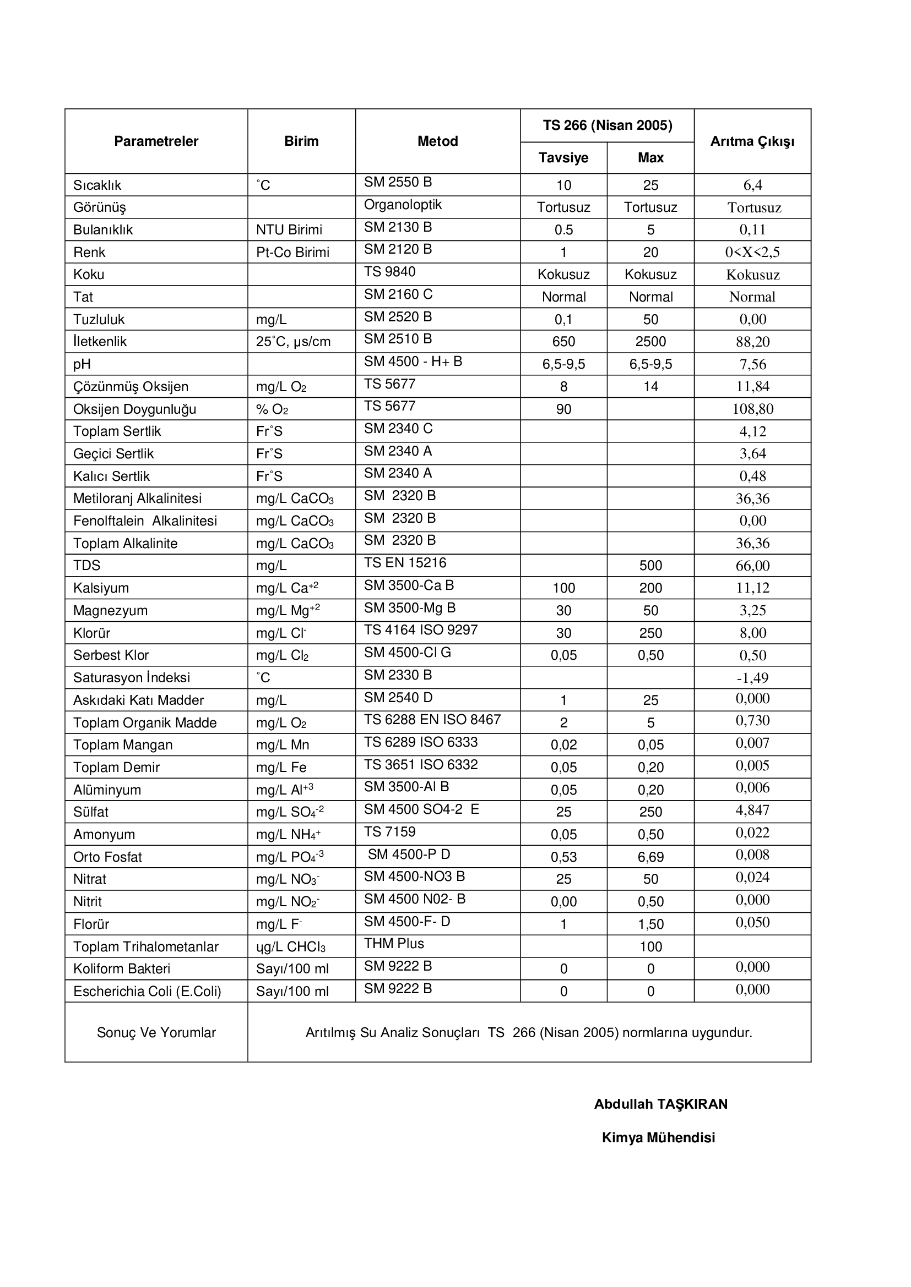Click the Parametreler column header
pos(156,141)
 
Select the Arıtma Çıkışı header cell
pos(752,141)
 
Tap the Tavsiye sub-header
pos(563,157)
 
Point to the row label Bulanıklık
pos(103,230)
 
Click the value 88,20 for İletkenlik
pos(752,341)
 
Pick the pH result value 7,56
pos(752,364)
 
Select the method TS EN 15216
pos(405,563)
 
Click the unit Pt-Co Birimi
pos(293,252)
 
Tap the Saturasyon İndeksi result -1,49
pos(752,678)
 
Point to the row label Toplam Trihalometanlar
pos(146,947)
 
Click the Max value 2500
pos(650,341)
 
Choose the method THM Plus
pos(394,944)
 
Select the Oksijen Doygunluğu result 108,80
pos(752,409)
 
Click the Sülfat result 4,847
pos(752,810)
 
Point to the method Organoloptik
pos(403,205)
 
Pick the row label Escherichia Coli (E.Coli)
pos(147,992)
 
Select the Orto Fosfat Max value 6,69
pos(650,857)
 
